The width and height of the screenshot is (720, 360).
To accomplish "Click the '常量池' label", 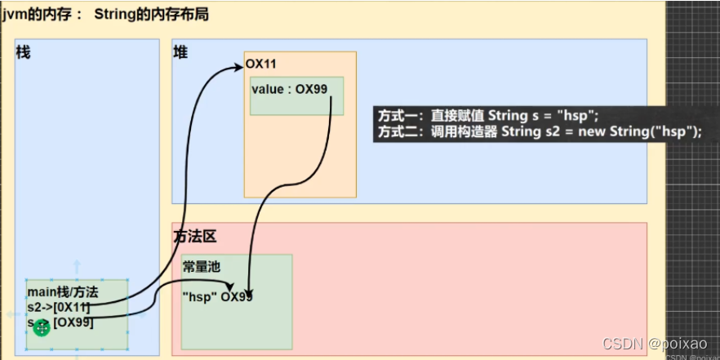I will pos(202,267).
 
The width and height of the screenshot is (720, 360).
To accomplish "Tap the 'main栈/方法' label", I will pos(63,291).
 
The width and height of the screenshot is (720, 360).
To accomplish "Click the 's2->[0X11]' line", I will pos(58,307).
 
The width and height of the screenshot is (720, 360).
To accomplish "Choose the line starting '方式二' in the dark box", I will pos(540,131).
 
